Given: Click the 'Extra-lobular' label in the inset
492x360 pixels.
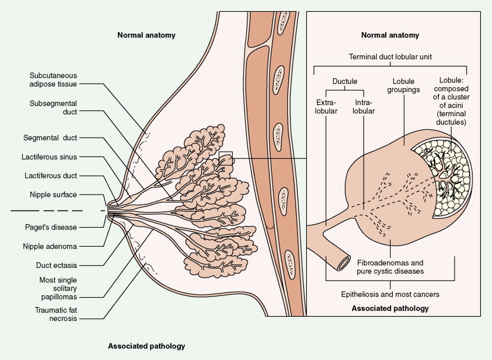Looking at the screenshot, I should click(326, 106).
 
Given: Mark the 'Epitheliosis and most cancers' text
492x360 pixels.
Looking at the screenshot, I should click(391, 293).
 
